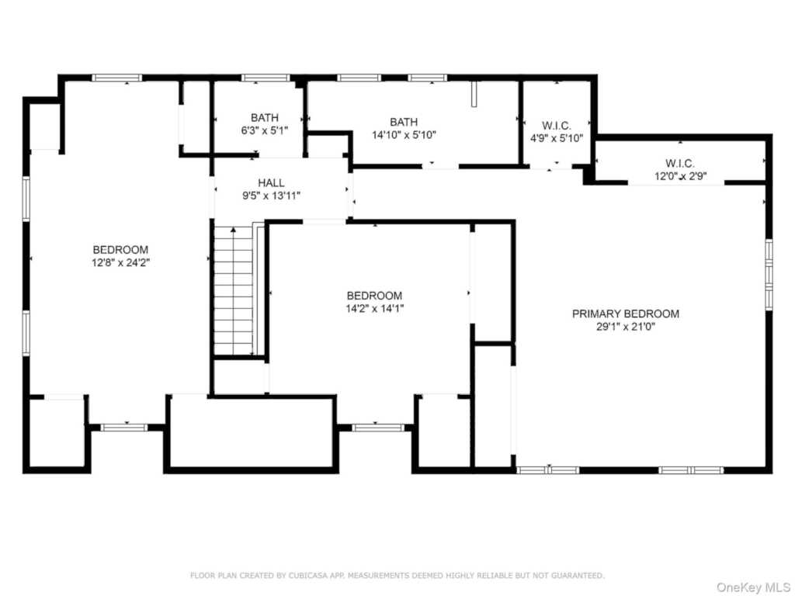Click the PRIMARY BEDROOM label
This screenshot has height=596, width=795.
click(626, 314)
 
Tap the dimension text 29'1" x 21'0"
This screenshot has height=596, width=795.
click(626, 327)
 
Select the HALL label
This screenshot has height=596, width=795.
click(271, 183)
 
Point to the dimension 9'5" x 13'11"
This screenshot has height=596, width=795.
click(271, 196)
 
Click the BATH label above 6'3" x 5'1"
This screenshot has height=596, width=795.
click(265, 118)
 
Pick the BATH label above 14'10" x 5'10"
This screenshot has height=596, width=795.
click(404, 122)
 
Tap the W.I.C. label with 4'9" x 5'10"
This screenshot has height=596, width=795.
click(557, 125)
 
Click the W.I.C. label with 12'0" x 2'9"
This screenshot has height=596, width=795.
click(680, 163)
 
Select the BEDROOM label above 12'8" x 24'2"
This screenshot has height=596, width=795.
click(120, 250)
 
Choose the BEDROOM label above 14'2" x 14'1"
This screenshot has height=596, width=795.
click(375, 296)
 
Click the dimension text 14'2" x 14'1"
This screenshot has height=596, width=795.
click(375, 308)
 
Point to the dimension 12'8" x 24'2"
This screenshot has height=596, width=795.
click(120, 262)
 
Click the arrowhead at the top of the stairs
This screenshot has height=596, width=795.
click(233, 230)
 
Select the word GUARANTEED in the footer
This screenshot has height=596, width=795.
click(578, 576)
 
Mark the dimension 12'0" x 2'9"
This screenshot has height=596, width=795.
click(680, 176)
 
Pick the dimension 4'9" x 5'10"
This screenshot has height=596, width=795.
click(557, 138)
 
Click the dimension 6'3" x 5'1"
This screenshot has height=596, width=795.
click(265, 130)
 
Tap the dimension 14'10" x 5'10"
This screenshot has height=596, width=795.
click(404, 135)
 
